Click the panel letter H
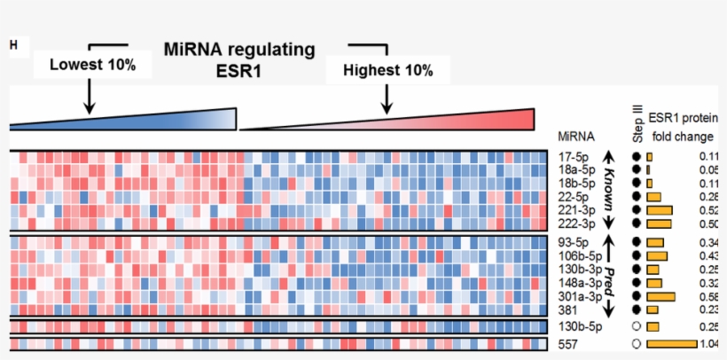coord(12,44)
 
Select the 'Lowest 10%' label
coord(92,65)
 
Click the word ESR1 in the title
coord(238,72)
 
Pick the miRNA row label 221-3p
coord(577,210)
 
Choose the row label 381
coord(568,309)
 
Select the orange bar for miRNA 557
coord(672,344)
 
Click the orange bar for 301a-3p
coord(661,296)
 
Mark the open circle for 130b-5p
coord(636,326)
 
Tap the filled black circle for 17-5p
coord(636,156)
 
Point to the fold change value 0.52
coord(709,210)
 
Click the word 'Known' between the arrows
coord(609,188)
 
